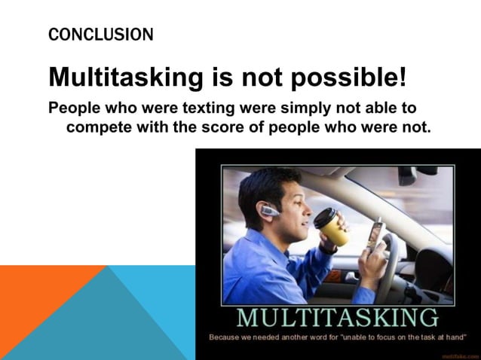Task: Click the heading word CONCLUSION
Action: click(x=100, y=35)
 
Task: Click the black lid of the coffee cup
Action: click(x=326, y=215)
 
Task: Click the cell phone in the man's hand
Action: click(x=377, y=235)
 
